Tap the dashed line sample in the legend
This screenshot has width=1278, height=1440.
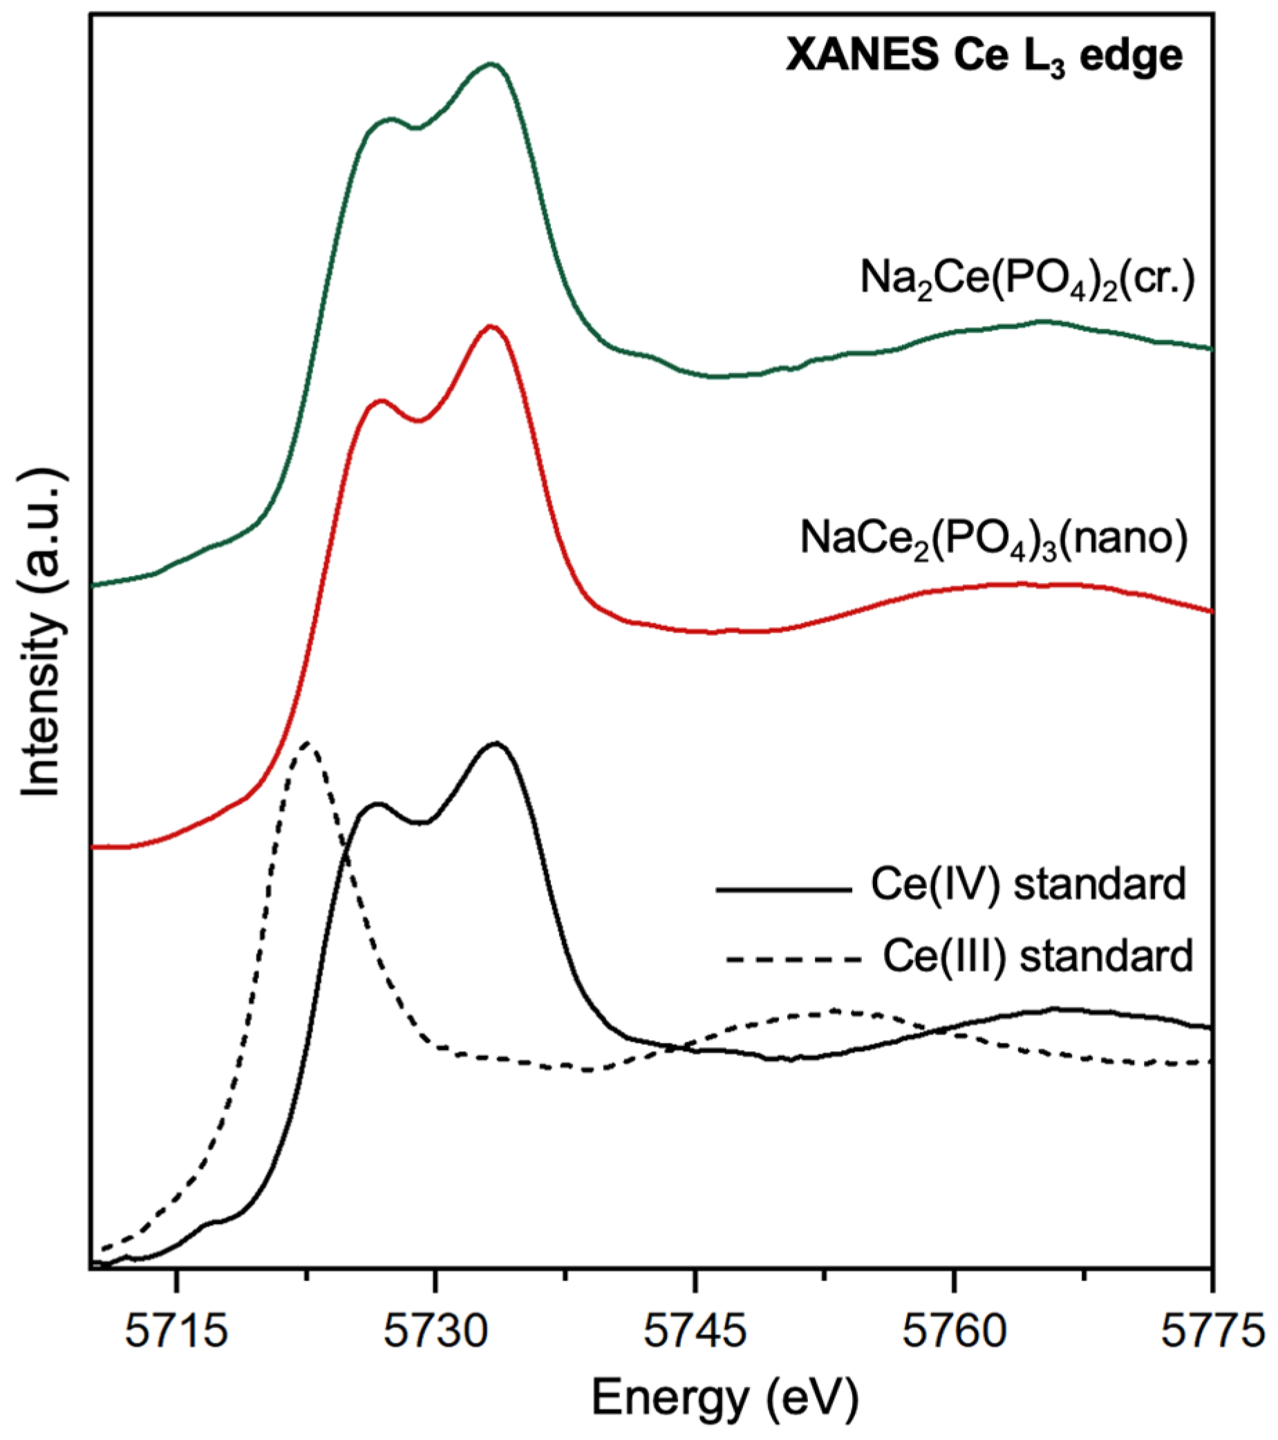pyautogui.click(x=793, y=959)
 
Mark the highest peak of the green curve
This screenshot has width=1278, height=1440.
pyautogui.click(x=491, y=64)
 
